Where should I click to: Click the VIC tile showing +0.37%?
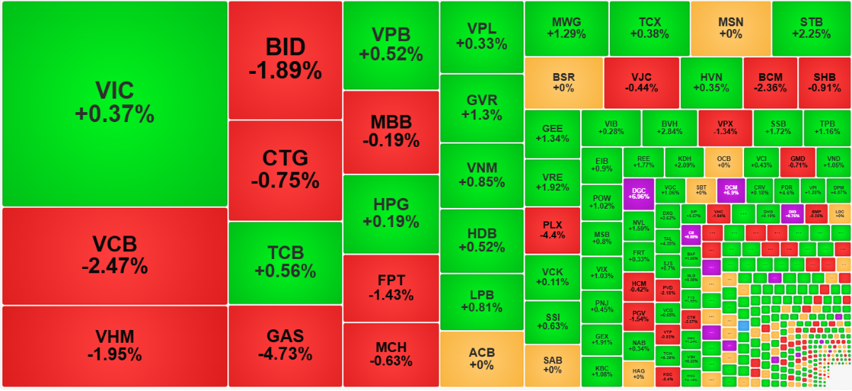tap(114, 103)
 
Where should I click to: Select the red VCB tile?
tap(114, 255)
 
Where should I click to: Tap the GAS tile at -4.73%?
tap(285, 346)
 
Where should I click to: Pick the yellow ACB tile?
tap(481, 358)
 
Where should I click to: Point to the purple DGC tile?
tap(638, 192)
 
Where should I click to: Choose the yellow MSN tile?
tap(731, 28)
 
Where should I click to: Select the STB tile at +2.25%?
tap(812, 28)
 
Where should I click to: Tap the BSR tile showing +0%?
tap(563, 82)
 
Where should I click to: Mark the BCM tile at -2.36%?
tap(770, 82)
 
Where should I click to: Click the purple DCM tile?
tap(731, 189)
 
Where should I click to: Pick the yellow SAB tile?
tap(552, 365)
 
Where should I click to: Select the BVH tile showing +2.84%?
tap(669, 127)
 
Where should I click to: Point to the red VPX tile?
tap(724, 127)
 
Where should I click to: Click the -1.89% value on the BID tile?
tap(285, 71)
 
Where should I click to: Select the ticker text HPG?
tap(390, 205)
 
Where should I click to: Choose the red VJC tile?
tap(641, 82)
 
